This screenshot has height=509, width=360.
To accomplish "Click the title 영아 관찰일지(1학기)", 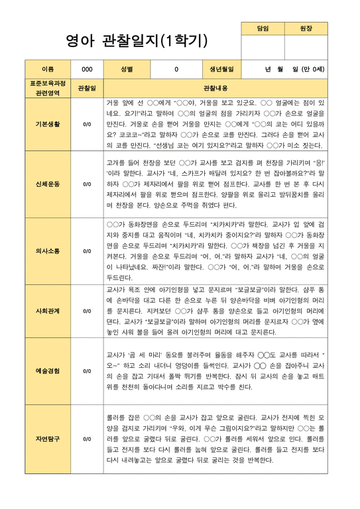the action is coord(137,41).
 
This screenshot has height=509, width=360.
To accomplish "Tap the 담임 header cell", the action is coord(263,28).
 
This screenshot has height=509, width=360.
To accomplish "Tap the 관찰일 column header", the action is coord(87,88).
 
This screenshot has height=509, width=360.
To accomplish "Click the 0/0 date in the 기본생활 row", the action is coord(87,124).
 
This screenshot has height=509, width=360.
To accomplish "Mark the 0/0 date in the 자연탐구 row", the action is coord(87,439).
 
